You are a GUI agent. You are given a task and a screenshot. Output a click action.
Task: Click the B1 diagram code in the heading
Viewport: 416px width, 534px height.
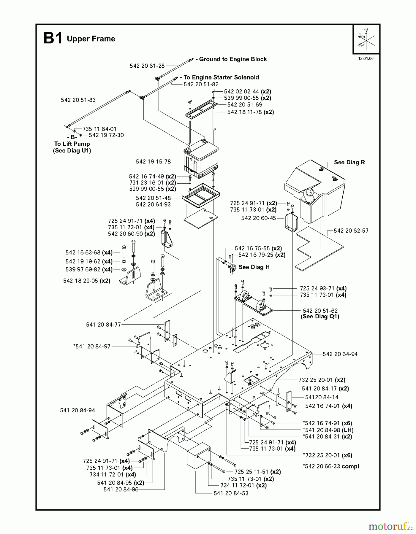pos(53,39)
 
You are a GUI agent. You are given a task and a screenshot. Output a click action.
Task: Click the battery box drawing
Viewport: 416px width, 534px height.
pos(201,160)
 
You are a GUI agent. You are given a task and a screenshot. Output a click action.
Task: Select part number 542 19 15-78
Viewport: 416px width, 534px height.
pos(153,162)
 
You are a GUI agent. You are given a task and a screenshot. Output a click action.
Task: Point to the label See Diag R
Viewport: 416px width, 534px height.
pos(349,162)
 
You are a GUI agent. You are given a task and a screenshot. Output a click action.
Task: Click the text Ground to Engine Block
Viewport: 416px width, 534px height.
pos(233,59)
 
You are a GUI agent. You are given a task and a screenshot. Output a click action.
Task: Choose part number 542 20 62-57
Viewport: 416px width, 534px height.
pos(351,231)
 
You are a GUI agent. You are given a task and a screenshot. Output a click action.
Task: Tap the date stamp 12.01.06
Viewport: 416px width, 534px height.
pos(366,58)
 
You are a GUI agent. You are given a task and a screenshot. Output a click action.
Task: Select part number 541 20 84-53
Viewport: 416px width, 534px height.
pos(231,493)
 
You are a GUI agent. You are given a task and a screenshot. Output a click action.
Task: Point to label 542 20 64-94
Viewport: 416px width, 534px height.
pos(340,354)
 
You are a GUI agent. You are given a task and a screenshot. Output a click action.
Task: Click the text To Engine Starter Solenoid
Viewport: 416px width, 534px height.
pos(221,77)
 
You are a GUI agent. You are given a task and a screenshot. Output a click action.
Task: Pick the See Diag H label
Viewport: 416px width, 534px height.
pos(254,267)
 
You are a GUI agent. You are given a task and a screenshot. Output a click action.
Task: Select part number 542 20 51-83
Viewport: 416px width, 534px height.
pos(78,100)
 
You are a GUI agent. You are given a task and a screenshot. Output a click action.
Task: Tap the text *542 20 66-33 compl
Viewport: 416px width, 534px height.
pos(330,466)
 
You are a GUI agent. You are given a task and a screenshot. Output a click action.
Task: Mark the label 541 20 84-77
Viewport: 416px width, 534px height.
pos(103,325)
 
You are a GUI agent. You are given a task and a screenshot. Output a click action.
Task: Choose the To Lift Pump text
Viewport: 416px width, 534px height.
pos(72,144)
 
